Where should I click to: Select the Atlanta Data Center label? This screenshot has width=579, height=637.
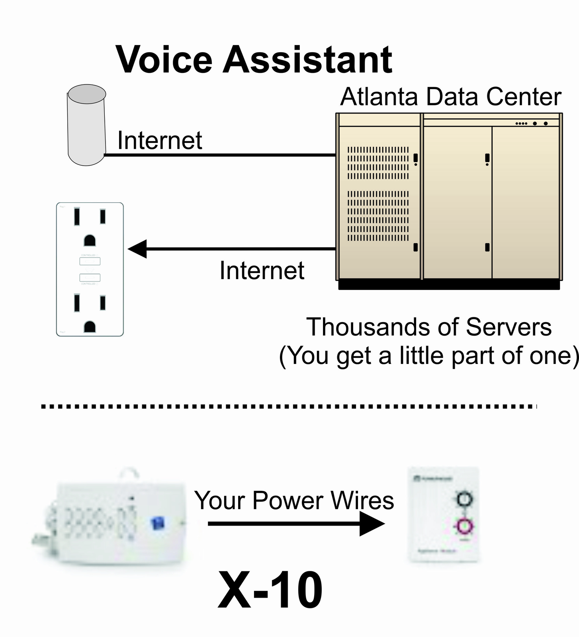450,97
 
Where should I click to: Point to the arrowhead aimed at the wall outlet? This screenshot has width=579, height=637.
137,249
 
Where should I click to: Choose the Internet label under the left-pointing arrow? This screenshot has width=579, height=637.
262,271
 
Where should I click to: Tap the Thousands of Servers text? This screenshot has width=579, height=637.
428,327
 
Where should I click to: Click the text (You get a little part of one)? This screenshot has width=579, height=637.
428,356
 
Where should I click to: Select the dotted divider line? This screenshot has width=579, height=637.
289,406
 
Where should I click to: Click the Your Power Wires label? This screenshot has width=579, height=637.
294,500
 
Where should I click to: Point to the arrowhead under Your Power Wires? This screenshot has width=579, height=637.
371,524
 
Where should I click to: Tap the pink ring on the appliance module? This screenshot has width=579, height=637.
464,526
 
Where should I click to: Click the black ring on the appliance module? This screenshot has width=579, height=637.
464,499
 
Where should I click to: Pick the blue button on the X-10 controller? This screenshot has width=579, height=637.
158,523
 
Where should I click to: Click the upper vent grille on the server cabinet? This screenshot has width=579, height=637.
378,163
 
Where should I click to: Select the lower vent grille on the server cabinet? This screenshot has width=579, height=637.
378,216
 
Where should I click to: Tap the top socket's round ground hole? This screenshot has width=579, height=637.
90,240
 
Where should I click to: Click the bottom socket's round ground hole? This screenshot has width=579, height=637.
90,327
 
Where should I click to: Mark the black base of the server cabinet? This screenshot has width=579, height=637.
449,285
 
